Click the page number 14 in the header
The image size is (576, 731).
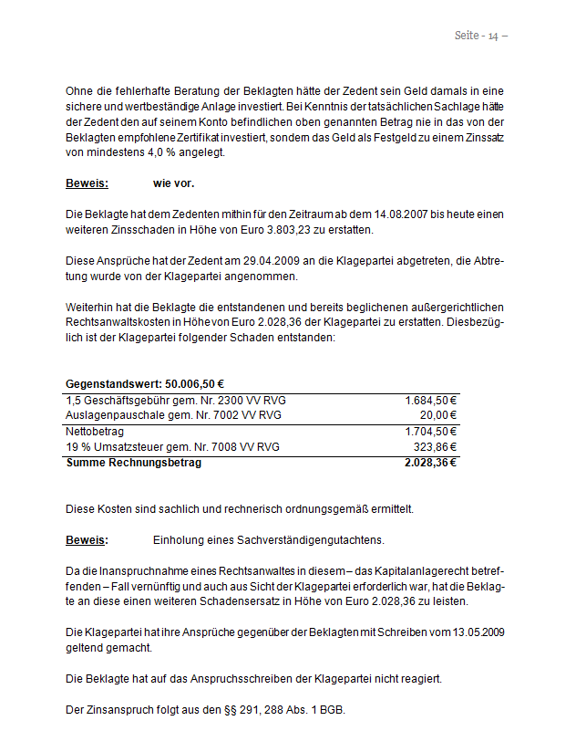pos(493,36)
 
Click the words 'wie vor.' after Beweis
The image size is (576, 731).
pos(173,183)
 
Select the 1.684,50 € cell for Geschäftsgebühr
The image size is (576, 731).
pos(430,400)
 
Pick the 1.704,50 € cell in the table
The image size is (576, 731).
pos(430,431)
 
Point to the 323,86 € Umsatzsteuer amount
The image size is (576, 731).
pos(435,446)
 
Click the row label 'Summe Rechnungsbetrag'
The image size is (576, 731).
pos(133,463)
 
